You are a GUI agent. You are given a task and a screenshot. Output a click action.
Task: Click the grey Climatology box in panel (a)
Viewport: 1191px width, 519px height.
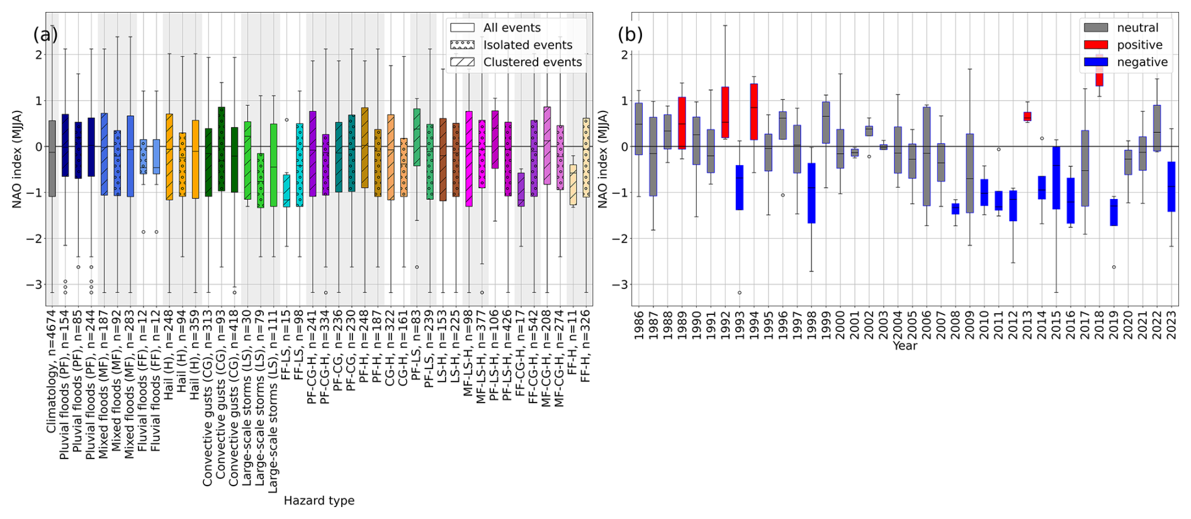click(x=52, y=158)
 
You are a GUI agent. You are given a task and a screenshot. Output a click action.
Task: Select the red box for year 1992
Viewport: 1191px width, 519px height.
click(x=725, y=112)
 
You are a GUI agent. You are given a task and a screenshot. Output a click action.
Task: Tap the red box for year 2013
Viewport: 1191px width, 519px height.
click(x=1027, y=116)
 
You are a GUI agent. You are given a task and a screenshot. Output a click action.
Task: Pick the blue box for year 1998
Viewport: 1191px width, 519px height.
click(x=811, y=193)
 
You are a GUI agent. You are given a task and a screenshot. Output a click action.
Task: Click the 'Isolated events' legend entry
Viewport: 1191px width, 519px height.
click(x=528, y=45)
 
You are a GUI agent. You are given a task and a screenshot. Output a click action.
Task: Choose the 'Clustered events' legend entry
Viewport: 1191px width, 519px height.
click(x=532, y=62)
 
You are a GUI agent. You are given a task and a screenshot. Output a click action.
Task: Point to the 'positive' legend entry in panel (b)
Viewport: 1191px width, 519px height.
click(x=1139, y=45)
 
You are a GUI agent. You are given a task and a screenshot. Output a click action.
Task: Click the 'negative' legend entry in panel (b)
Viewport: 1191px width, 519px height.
click(x=1142, y=62)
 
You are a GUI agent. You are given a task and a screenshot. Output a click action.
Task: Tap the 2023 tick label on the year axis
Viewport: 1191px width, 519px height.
click(x=1171, y=324)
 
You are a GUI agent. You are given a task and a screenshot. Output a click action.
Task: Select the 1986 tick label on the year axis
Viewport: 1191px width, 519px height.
click(x=640, y=324)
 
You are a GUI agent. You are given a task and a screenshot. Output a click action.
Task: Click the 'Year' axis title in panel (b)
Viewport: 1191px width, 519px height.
click(x=905, y=346)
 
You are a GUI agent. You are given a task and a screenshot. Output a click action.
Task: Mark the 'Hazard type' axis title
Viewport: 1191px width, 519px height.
click(x=319, y=501)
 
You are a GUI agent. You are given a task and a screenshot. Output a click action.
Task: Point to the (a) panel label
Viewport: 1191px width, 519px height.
click(x=45, y=34)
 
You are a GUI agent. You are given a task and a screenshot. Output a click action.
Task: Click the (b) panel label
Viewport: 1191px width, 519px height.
click(x=630, y=34)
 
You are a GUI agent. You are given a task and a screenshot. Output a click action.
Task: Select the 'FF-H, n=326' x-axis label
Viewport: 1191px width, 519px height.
click(x=586, y=346)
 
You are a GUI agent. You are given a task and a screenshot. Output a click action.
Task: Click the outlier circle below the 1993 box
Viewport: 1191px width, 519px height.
click(x=740, y=292)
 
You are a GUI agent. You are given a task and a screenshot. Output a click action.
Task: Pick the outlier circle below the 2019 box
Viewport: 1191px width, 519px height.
click(x=1114, y=267)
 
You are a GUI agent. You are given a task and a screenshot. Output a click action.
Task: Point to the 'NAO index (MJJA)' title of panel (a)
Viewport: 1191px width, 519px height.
click(x=18, y=159)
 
